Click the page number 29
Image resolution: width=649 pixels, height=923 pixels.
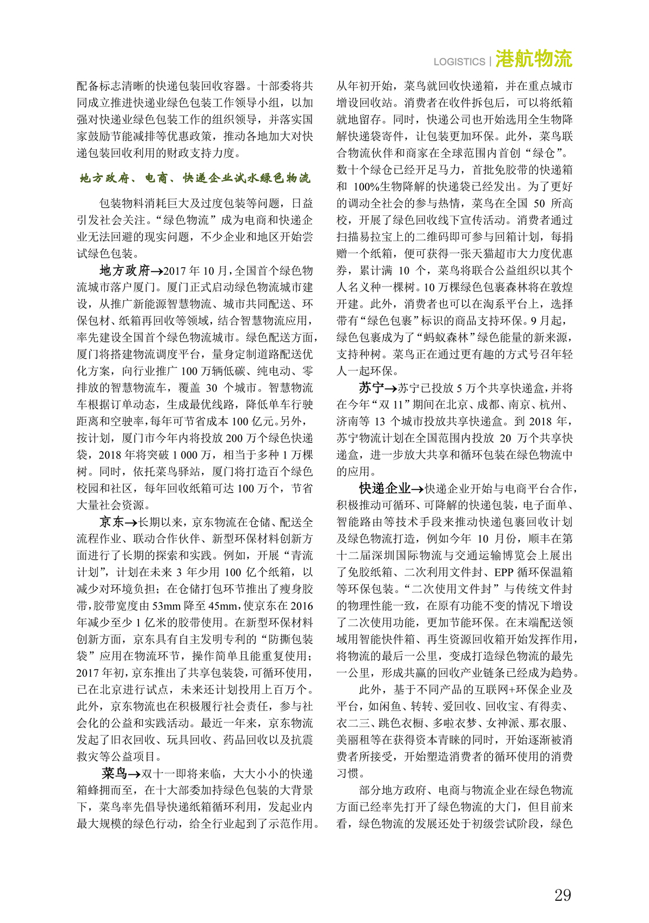(562, 895)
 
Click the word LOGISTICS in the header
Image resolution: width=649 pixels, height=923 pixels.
(459, 62)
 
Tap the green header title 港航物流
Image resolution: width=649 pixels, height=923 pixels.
(533, 59)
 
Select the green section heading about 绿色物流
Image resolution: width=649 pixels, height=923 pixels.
(195, 178)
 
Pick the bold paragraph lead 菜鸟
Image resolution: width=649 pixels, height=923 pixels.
(115, 773)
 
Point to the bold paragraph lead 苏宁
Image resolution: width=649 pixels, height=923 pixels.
(372, 388)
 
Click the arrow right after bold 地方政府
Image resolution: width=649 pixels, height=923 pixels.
(157, 271)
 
